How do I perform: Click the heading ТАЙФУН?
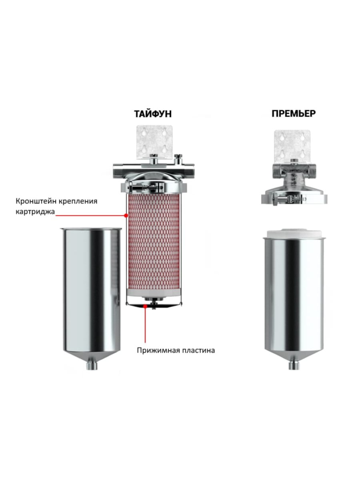click(153, 114)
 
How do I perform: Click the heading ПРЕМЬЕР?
click(293, 114)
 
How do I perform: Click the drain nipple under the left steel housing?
click(92, 365)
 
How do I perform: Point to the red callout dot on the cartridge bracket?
click(126, 215)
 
